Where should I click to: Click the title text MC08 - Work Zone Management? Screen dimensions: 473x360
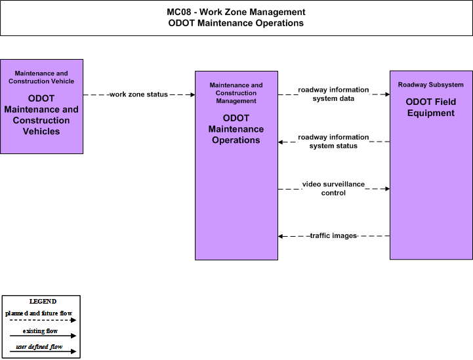coord(236,12)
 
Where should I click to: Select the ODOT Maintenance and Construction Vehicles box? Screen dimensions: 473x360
coord(41,106)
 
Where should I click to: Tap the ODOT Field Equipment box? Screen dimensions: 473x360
coord(431,165)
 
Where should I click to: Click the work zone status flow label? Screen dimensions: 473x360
coord(138,94)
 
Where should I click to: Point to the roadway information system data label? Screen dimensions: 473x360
coord(333,94)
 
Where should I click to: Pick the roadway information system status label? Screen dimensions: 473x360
coord(333,142)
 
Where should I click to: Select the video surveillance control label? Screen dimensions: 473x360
coord(333,188)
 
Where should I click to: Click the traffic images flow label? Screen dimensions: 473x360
coord(333,235)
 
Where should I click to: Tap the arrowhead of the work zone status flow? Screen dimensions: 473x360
coord(193,94)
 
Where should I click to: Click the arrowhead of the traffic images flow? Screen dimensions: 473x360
coord(281,236)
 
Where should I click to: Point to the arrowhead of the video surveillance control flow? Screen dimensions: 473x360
coord(387,189)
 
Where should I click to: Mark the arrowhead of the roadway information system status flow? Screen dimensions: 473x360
coord(281,142)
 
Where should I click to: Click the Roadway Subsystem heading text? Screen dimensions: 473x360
coord(431,85)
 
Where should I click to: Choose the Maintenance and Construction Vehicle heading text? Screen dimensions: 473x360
coord(41,77)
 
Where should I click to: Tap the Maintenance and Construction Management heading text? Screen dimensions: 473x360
coord(236,93)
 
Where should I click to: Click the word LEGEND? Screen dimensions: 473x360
coord(43,302)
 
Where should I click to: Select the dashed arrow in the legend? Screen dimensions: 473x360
coord(43,320)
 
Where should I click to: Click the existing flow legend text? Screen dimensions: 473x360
coord(40,331)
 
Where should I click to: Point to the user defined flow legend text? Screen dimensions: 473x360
coord(39,347)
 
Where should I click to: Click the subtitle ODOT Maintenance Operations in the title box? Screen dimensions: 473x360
coord(236,23)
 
